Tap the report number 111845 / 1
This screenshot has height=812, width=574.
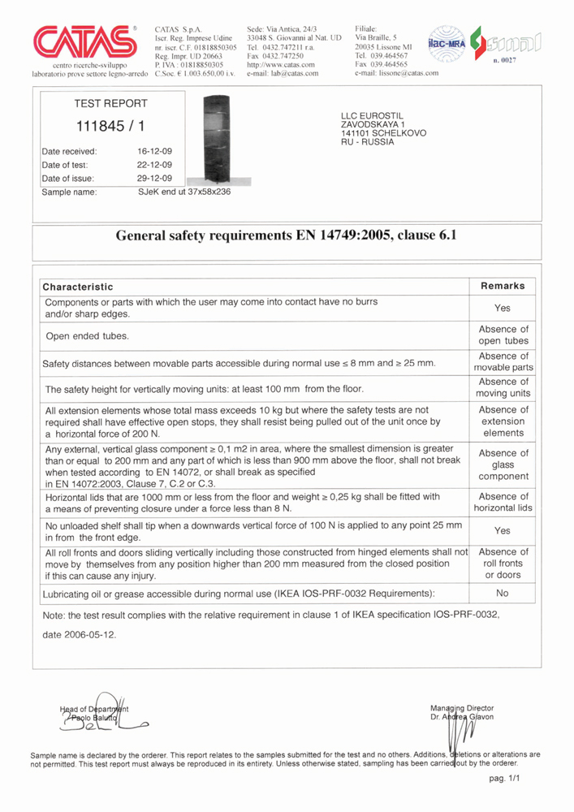coord(105,127)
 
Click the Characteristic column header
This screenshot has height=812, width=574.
coord(78,287)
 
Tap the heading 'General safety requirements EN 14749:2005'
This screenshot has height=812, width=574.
coord(287,237)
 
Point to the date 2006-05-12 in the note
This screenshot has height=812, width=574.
coord(79,634)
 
